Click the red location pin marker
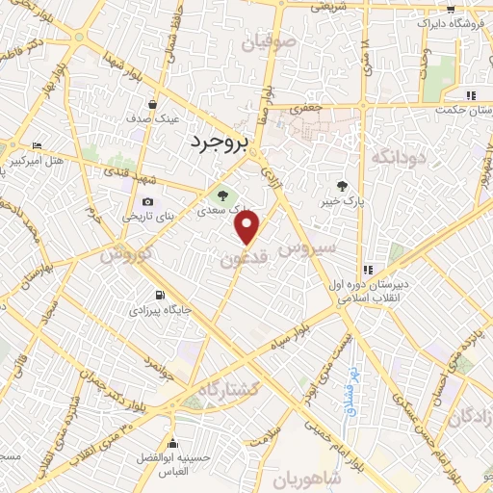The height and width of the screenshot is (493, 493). click(247, 226)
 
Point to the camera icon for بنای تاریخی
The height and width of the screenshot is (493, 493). click(147, 202)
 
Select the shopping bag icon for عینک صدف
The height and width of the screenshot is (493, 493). click(153, 105)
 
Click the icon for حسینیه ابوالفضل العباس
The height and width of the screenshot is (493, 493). click(173, 444)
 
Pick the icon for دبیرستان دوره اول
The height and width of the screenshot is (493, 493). click(367, 270)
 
